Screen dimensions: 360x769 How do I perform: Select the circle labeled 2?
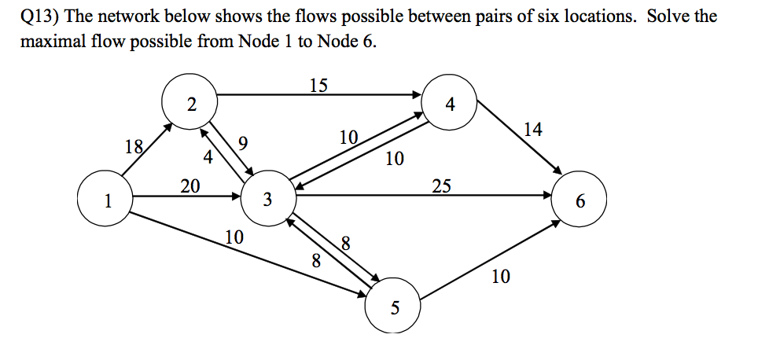(190, 103)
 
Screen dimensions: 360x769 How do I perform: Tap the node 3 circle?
(268, 200)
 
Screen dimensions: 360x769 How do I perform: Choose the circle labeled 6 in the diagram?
(580, 201)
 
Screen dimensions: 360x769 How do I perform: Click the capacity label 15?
(318, 85)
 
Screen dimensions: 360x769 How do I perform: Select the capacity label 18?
(134, 145)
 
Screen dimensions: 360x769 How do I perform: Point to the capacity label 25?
(441, 186)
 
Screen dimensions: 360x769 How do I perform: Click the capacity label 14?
(532, 129)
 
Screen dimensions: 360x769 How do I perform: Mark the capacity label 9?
(242, 142)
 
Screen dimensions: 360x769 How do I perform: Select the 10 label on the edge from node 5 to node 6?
(500, 276)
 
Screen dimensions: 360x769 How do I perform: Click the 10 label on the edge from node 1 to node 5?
(234, 237)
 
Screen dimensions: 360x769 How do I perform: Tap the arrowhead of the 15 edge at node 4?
(418, 96)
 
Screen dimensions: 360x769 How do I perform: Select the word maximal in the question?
(50, 42)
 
